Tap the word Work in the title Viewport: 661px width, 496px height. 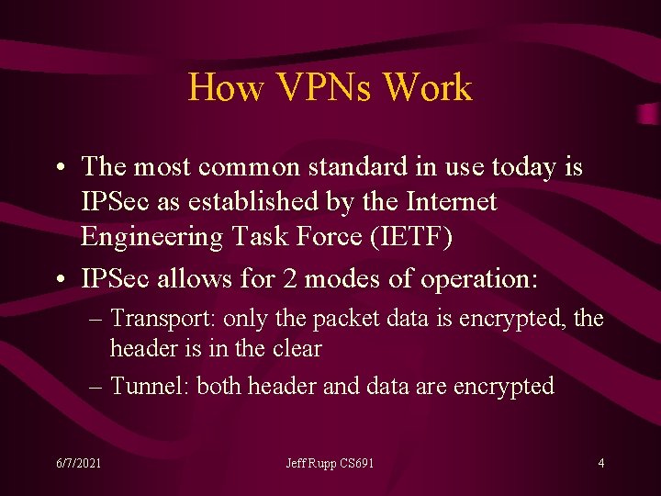(428, 88)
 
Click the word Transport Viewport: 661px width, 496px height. (161, 320)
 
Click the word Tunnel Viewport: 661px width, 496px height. (147, 386)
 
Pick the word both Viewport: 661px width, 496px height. (218, 386)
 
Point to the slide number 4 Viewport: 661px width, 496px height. (601, 463)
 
